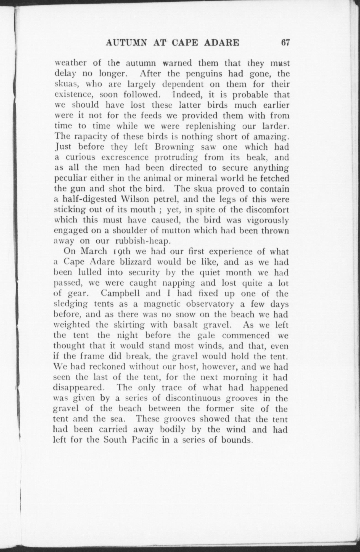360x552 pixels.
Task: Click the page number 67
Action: click(x=285, y=43)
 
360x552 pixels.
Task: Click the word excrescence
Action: click(x=126, y=157)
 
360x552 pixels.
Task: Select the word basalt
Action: click(x=186, y=325)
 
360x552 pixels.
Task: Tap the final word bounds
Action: click(x=237, y=440)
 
